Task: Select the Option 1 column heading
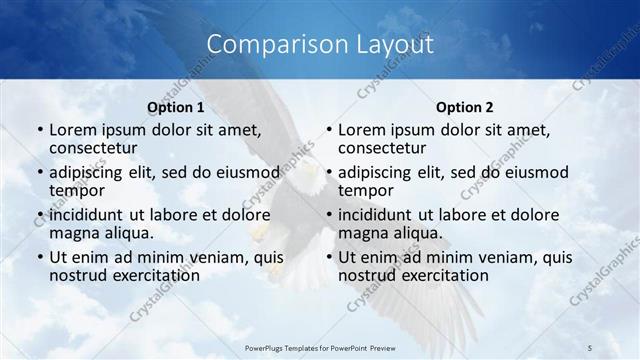pyautogui.click(x=176, y=106)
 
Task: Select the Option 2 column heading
pyautogui.click(x=465, y=106)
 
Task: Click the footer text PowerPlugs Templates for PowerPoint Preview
pyautogui.click(x=319, y=346)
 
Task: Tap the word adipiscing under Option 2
pyautogui.click(x=376, y=171)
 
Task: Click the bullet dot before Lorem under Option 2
pyautogui.click(x=328, y=130)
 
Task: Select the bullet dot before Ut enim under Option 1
pyautogui.click(x=39, y=257)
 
